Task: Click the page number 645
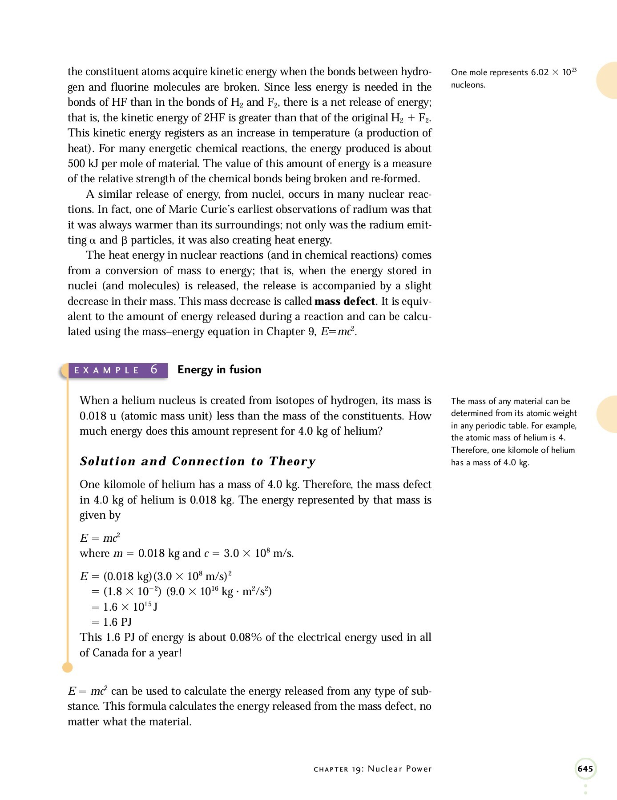[x=585, y=768]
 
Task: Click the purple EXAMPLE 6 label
[x=117, y=370]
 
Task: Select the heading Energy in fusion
[x=219, y=370]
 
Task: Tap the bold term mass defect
[x=345, y=301]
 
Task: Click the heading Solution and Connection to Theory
[x=198, y=461]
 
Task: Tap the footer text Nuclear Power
[x=399, y=769]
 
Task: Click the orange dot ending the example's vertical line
[x=68, y=668]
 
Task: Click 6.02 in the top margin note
[x=540, y=72]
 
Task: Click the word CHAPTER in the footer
[x=331, y=769]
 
